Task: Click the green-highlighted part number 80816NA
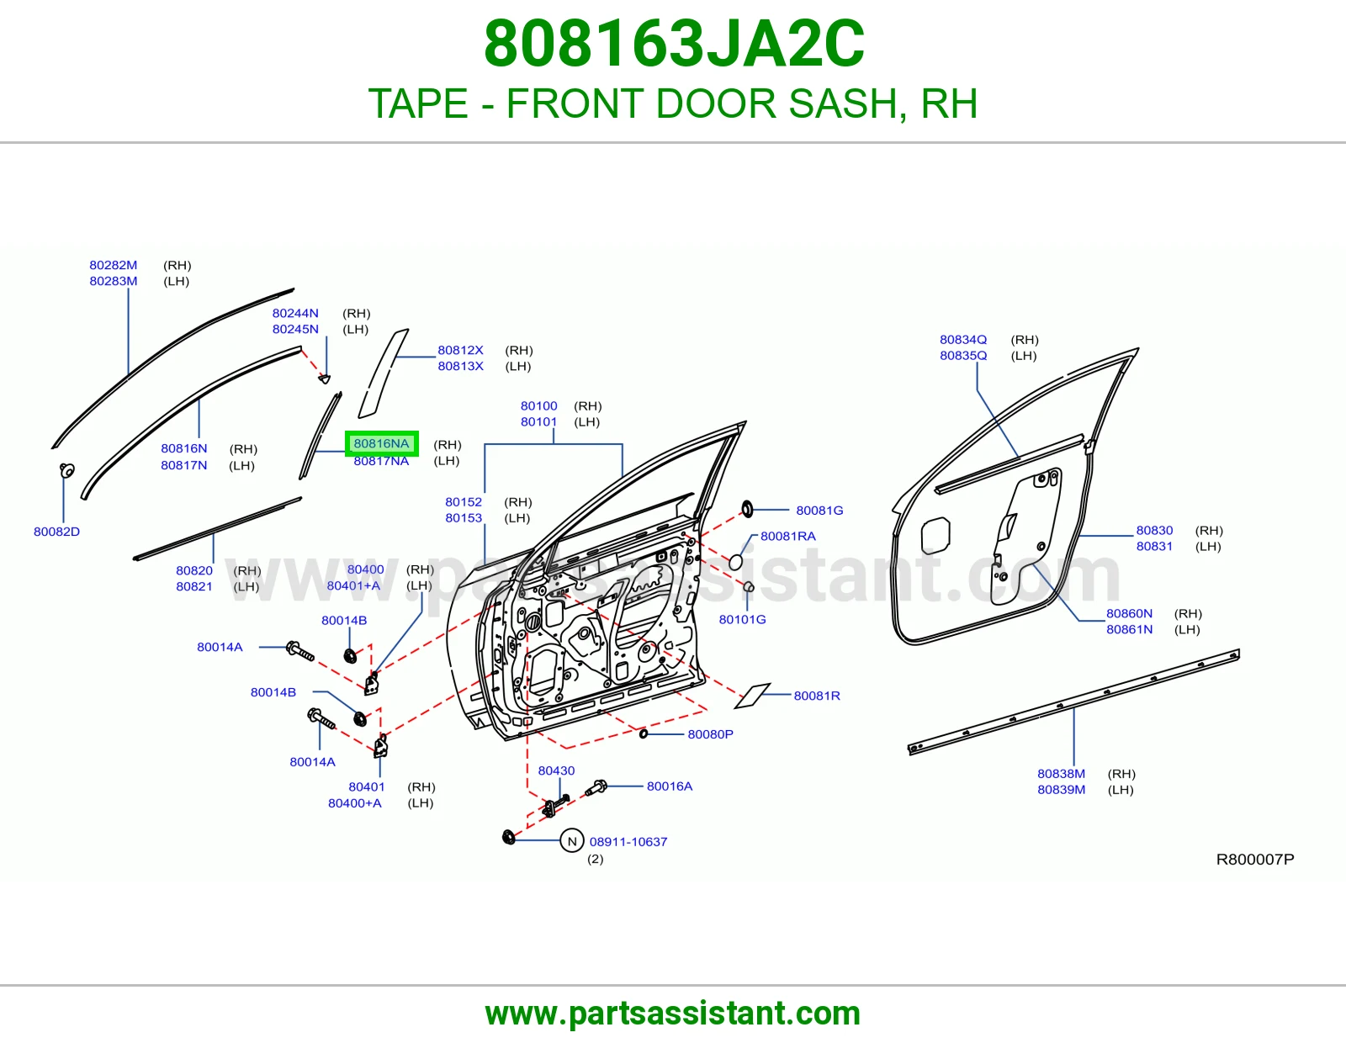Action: click(x=382, y=443)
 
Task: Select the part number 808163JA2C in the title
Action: click(x=674, y=44)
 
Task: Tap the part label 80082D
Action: click(x=57, y=532)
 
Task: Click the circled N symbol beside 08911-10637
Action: click(x=572, y=841)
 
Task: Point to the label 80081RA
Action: click(x=788, y=537)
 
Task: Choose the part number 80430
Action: click(x=556, y=770)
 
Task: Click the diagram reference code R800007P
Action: click(x=1255, y=859)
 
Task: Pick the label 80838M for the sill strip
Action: click(x=1061, y=774)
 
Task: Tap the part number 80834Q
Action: click(x=963, y=340)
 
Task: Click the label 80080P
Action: click(x=711, y=734)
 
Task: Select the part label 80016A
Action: click(x=670, y=786)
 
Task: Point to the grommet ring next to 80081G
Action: click(x=748, y=509)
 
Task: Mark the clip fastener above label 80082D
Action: click(x=67, y=470)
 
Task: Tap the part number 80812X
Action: click(x=460, y=350)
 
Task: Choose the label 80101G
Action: click(x=742, y=619)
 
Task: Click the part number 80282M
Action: click(x=114, y=265)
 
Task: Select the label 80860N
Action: click(x=1129, y=613)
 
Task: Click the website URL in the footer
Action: click(x=673, y=1014)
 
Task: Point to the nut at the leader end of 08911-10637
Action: click(x=509, y=838)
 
